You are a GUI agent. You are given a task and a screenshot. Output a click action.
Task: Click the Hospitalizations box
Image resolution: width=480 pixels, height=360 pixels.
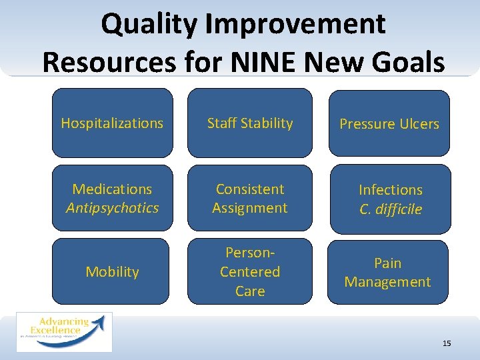(x=112, y=123)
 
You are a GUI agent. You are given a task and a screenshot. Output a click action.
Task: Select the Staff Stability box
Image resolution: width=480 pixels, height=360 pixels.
(x=249, y=123)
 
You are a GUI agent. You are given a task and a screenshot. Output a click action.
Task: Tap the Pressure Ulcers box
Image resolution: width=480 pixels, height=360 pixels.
(x=389, y=124)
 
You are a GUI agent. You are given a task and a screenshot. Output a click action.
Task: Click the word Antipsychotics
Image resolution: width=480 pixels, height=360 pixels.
(x=112, y=208)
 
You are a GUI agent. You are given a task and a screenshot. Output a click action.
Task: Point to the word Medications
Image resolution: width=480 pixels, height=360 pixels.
(x=112, y=189)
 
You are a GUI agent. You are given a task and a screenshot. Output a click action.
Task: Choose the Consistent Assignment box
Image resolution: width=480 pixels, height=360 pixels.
(x=249, y=199)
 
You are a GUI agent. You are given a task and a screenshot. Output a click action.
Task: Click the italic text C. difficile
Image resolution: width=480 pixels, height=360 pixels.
(x=390, y=209)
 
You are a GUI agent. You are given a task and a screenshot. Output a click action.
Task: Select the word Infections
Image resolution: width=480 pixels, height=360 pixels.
(x=390, y=190)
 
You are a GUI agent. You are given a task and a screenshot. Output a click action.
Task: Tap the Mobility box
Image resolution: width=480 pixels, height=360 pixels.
(x=112, y=272)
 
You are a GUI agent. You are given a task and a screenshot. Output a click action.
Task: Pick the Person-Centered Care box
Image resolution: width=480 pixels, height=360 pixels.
(x=249, y=272)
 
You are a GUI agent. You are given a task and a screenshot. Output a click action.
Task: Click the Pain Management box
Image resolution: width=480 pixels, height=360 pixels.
(x=387, y=273)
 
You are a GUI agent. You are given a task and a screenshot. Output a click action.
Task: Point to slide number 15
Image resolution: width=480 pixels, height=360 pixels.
(x=446, y=343)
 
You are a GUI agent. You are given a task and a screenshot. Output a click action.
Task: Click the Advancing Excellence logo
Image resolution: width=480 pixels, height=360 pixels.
(x=64, y=331)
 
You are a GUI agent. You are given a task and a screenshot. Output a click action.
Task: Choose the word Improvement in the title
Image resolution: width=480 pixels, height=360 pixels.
(x=295, y=25)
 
